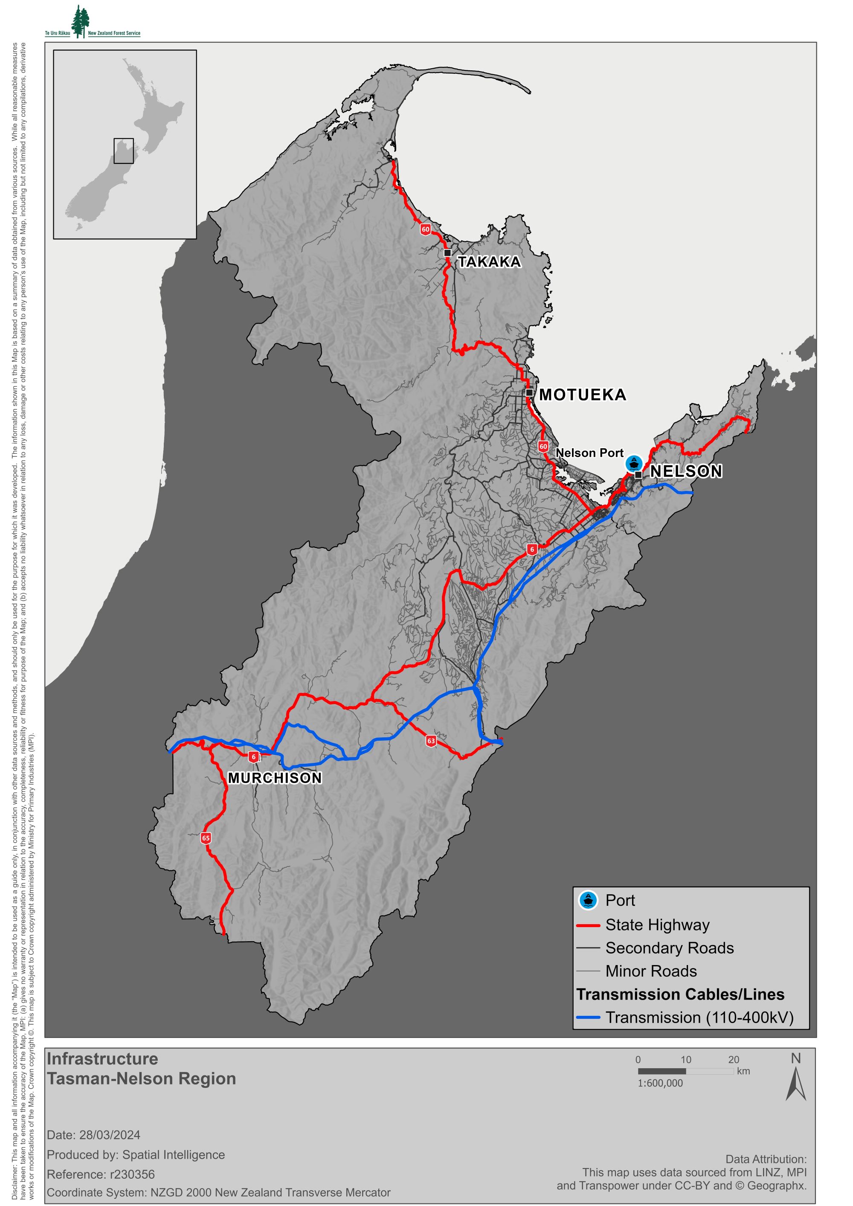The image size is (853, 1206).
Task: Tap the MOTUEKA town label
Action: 583,394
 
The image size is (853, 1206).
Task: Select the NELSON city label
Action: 686,471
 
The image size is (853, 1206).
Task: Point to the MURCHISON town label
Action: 275,778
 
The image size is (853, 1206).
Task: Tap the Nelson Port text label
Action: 589,453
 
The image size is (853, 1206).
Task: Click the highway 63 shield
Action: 431,741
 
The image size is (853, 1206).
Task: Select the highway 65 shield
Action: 206,838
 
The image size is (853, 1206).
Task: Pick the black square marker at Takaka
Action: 447,252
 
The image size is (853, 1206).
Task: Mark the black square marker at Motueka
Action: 529,392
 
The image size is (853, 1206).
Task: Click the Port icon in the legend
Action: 588,900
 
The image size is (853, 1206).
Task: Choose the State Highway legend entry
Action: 657,925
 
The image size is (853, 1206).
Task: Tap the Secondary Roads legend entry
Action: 669,948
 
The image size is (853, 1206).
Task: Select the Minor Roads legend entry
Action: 651,971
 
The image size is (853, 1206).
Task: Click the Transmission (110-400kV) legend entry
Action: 699,1018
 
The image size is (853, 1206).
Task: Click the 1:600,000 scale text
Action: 660,1083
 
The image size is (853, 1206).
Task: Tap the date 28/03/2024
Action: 110,1135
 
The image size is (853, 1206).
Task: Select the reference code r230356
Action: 132,1174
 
